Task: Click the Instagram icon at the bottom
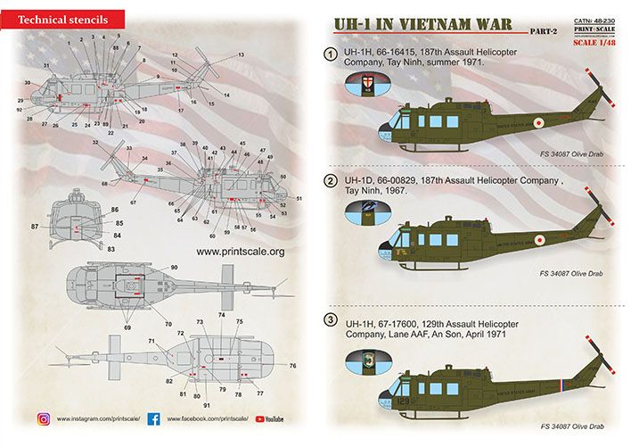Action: (x=42, y=418)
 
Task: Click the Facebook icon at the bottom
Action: (x=152, y=418)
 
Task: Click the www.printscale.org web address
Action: (x=239, y=252)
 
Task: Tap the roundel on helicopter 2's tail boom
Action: (x=537, y=240)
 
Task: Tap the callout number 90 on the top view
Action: (x=174, y=268)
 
